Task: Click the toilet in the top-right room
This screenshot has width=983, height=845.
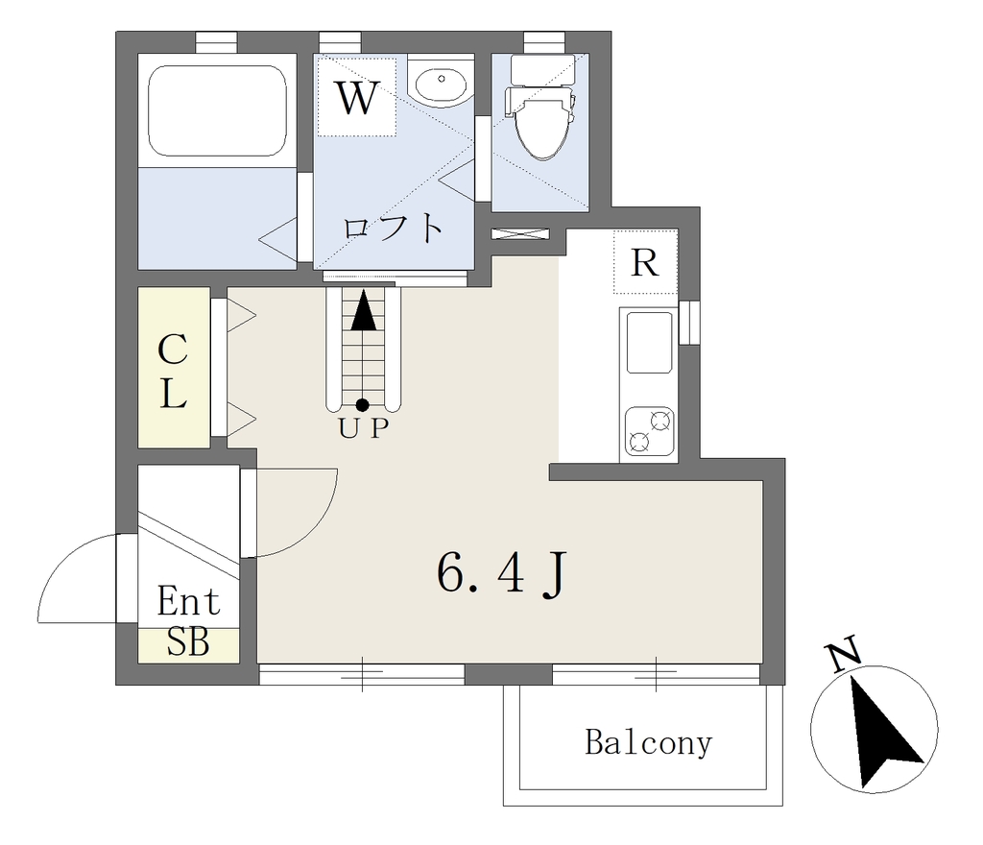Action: pos(541,107)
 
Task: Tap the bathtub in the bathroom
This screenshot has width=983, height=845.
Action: pos(217,110)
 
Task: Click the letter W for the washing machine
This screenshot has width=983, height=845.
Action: pos(357,97)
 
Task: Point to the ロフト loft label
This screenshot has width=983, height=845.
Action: pos(393,229)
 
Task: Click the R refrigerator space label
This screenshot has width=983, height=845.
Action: pos(644,262)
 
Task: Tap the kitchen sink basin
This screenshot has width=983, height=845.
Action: pos(649,343)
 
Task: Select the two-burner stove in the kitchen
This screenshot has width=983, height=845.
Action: pos(649,432)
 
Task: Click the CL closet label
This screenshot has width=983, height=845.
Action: pos(173,371)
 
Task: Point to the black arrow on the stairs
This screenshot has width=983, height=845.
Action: pos(364,309)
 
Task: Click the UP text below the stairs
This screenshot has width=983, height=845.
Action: pos(364,428)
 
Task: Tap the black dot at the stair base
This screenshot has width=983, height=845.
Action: pos(362,405)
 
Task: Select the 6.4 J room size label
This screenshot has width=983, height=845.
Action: pos(501,573)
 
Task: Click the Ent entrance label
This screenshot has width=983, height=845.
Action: pos(189,601)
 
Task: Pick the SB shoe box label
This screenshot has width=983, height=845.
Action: pos(188,641)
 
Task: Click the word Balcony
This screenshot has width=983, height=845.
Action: pos(648,743)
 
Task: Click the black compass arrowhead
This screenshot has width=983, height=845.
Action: pos(883,732)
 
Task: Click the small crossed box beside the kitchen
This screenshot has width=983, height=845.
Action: pos(520,234)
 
